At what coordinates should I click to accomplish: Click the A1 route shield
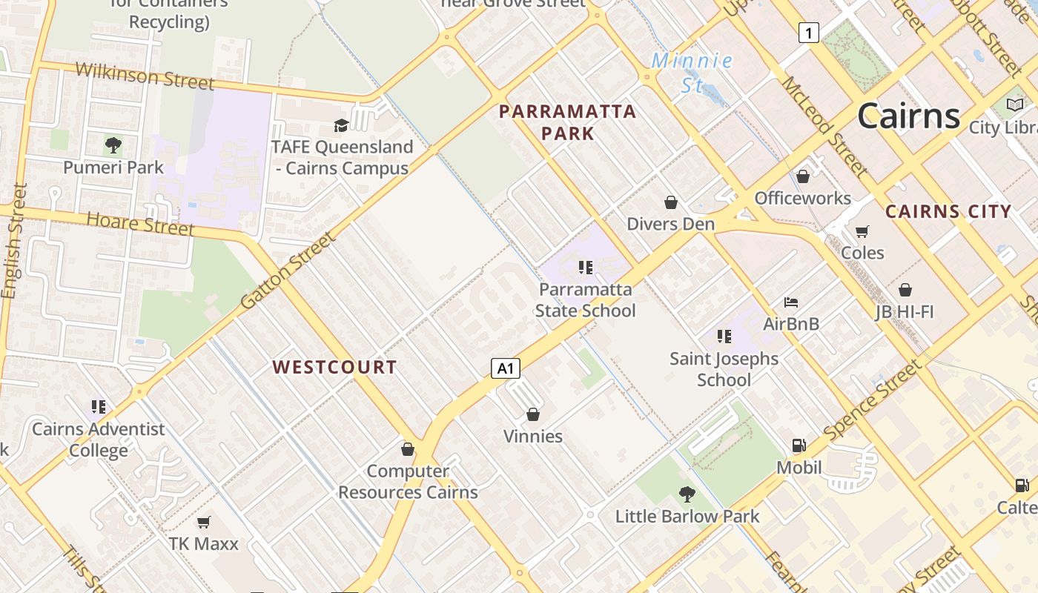pyautogui.click(x=505, y=368)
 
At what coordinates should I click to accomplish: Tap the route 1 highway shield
pyautogui.click(x=809, y=33)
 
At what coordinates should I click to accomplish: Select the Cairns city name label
pyautogui.click(x=909, y=116)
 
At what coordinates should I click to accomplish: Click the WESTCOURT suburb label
pyautogui.click(x=334, y=367)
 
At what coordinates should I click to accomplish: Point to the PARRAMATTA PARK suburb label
pyautogui.click(x=568, y=122)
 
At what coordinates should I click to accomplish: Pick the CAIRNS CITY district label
pyautogui.click(x=948, y=211)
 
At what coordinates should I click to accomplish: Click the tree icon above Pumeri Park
pyautogui.click(x=113, y=145)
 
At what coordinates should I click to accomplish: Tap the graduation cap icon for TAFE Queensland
pyautogui.click(x=341, y=125)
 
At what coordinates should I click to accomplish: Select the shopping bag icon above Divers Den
pyautogui.click(x=671, y=202)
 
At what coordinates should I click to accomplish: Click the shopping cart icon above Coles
pyautogui.click(x=862, y=232)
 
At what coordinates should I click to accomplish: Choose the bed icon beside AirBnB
pyautogui.click(x=791, y=302)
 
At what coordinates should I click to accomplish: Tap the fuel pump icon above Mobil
pyautogui.click(x=799, y=445)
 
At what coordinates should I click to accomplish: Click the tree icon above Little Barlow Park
pyautogui.click(x=687, y=494)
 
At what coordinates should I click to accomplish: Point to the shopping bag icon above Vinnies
pyautogui.click(x=533, y=414)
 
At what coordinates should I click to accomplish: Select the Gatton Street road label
pyautogui.click(x=288, y=271)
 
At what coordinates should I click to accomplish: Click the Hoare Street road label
pyautogui.click(x=140, y=223)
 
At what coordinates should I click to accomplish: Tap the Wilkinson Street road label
pyautogui.click(x=145, y=75)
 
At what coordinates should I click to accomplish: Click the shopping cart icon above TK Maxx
pyautogui.click(x=204, y=522)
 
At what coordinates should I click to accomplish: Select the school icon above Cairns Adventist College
pyautogui.click(x=99, y=407)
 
